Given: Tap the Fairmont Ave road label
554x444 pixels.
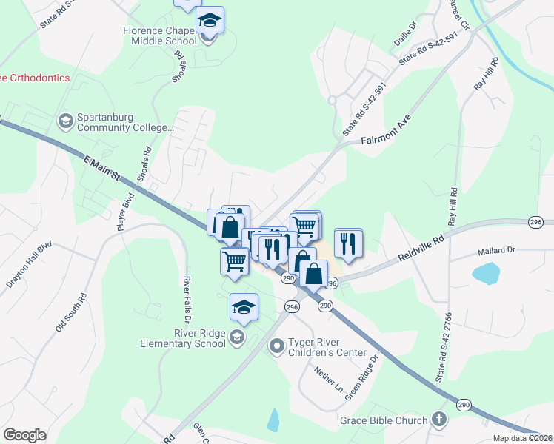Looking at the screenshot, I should pyautogui.click(x=386, y=129).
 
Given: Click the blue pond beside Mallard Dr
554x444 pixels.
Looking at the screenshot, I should pyautogui.click(x=486, y=274).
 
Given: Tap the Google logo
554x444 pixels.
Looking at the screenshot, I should pyautogui.click(x=24, y=435).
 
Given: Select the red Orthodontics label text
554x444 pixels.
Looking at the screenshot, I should pyautogui.click(x=35, y=78).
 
